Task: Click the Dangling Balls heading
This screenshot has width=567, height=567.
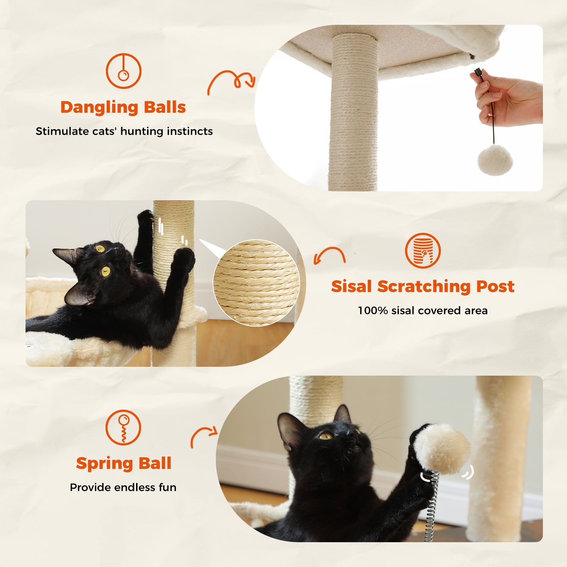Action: coord(123,107)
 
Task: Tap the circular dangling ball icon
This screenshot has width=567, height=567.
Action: coord(124,71)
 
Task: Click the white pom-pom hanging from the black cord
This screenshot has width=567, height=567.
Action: coord(495,159)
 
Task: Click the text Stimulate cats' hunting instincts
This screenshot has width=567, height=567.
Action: coord(124,131)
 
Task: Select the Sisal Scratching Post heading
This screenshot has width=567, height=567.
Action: coord(422,286)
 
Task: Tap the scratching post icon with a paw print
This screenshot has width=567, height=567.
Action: coord(422,251)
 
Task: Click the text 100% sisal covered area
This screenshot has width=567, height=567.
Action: coord(422,311)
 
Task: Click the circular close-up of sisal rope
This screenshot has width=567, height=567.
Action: coord(256,283)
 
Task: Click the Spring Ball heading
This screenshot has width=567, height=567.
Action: coord(124,463)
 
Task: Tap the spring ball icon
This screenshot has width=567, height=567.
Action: coord(123,427)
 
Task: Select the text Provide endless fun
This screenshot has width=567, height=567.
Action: coord(123,488)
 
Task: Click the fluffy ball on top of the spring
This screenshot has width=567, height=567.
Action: coord(443,448)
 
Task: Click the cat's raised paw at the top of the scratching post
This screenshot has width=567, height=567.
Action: coord(145,217)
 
